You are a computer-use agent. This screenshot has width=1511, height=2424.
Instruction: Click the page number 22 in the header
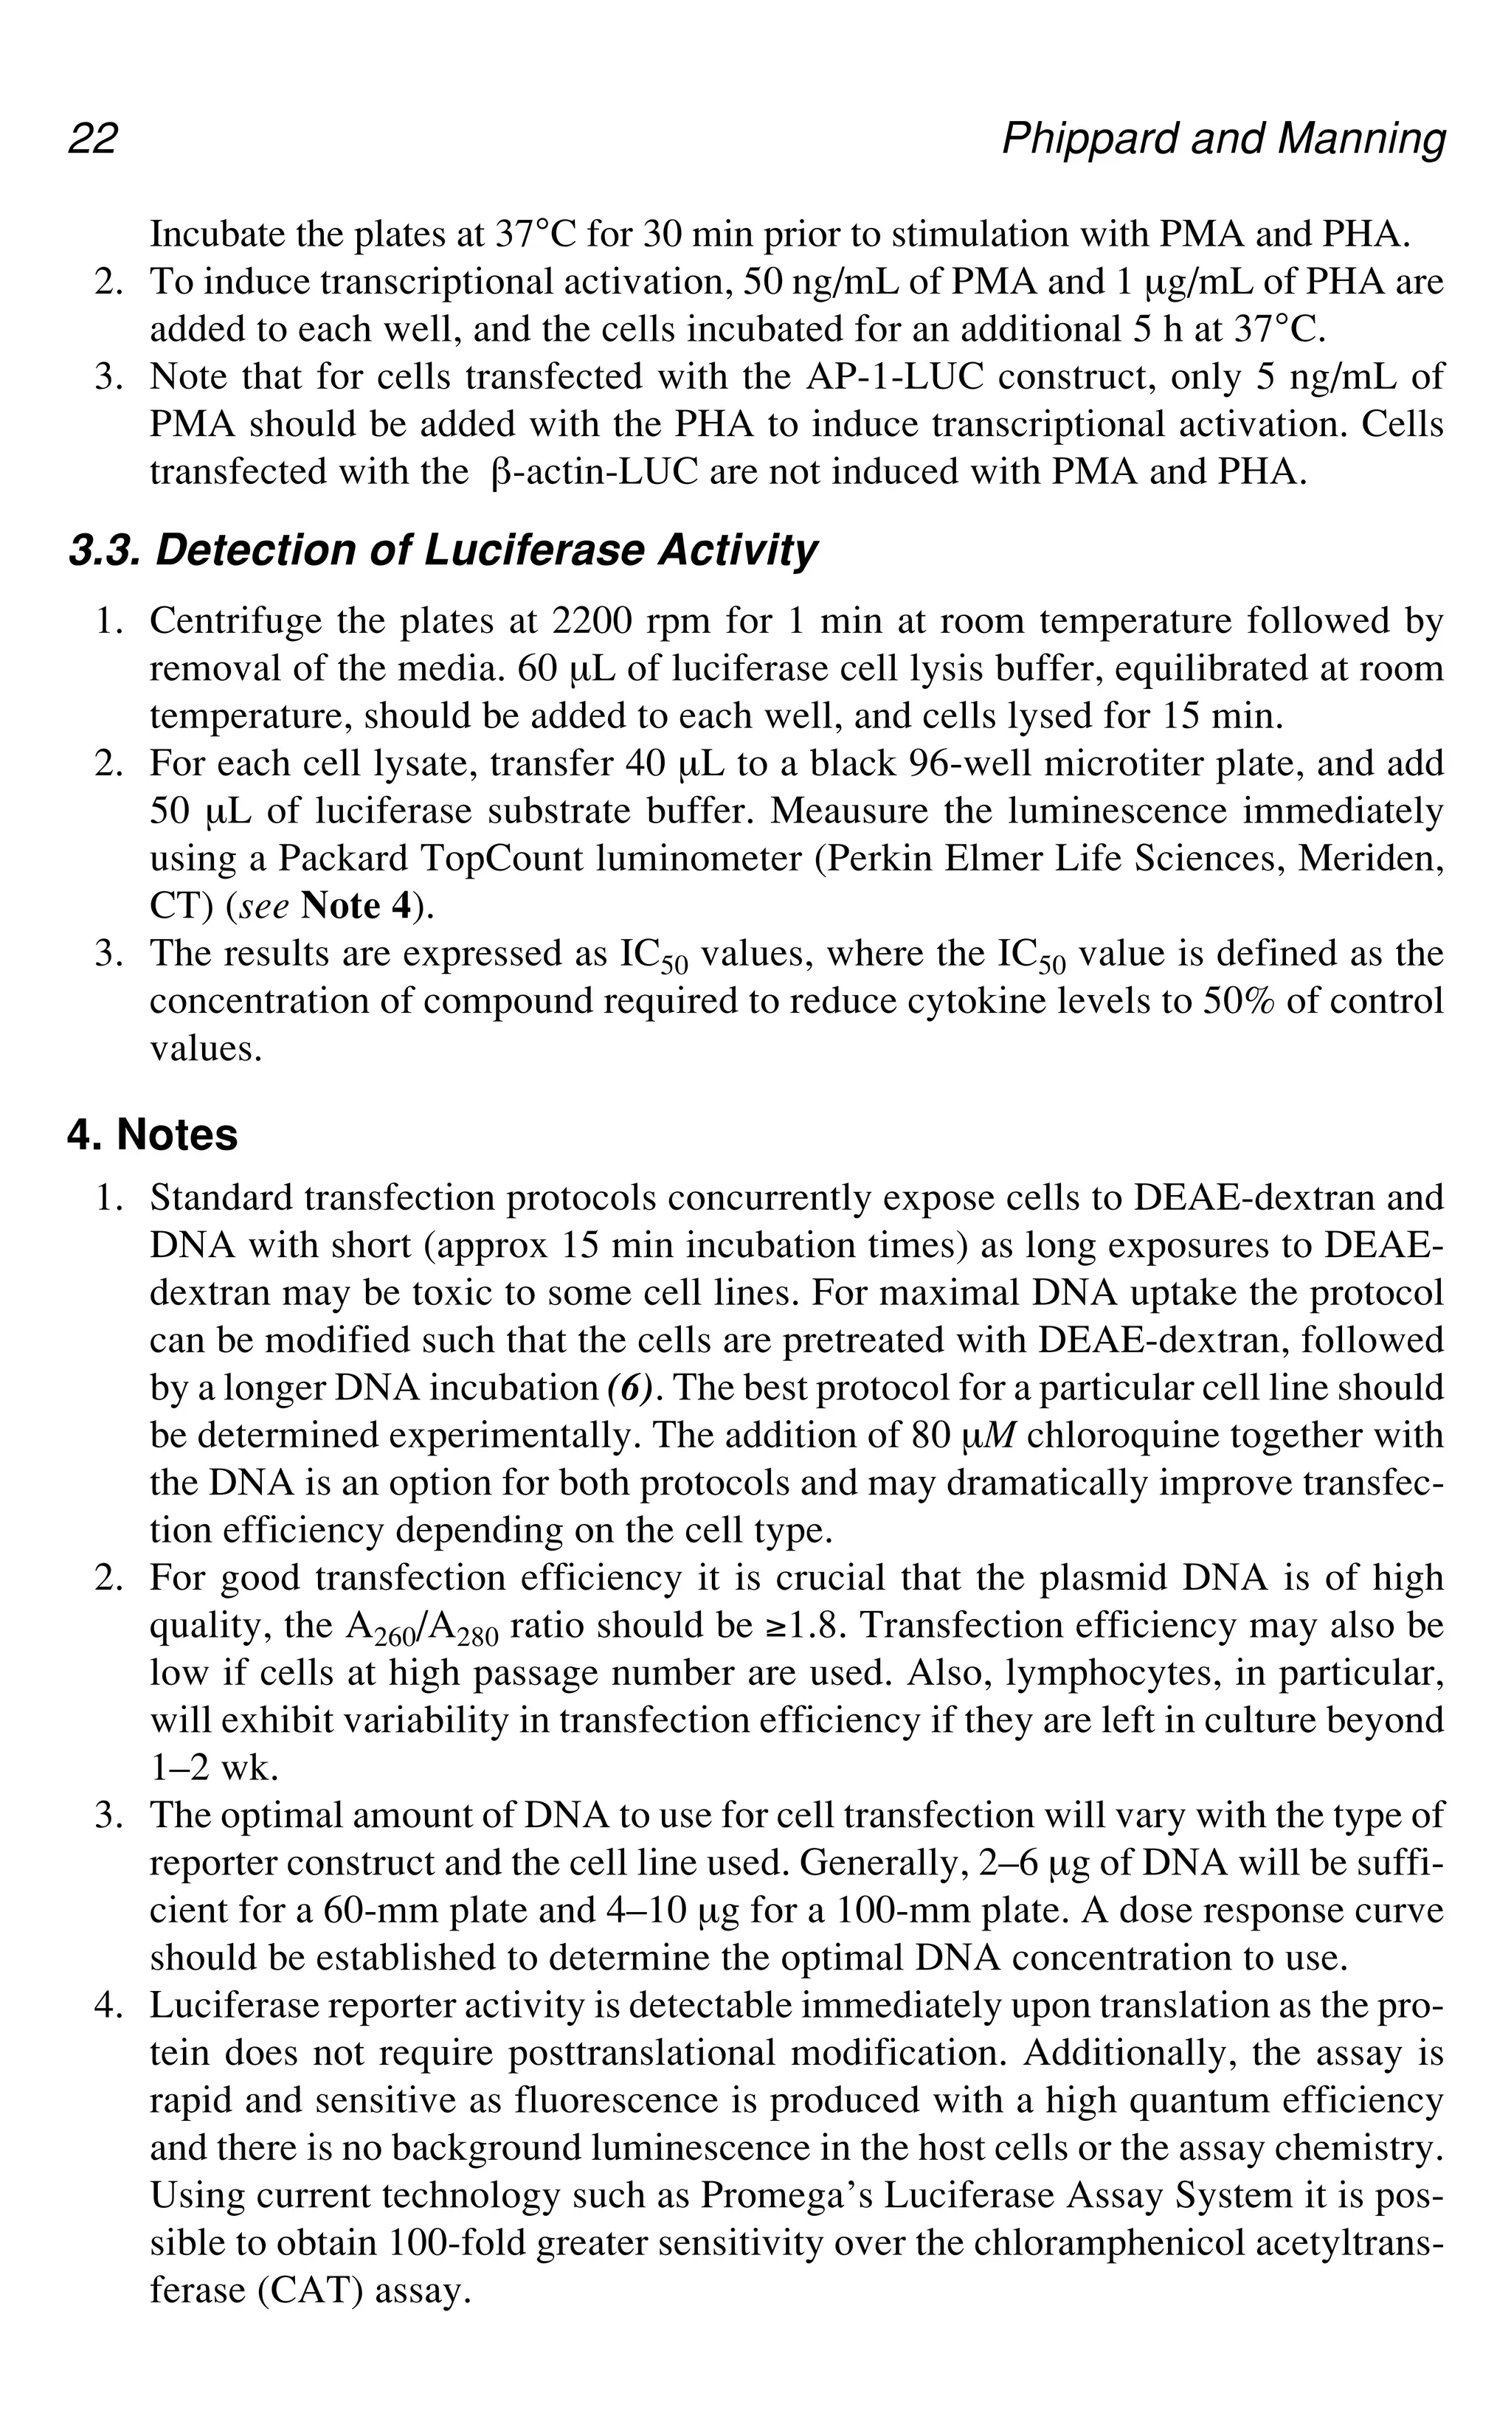point(93,139)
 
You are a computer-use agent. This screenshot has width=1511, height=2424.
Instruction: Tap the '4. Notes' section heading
point(153,1135)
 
